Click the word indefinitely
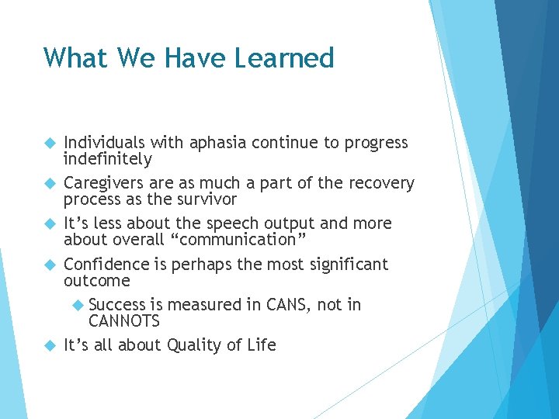click(107, 159)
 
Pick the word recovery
click(380, 183)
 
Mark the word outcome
click(96, 280)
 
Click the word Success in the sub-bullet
click(117, 305)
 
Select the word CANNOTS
click(124, 321)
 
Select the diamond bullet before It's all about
click(50, 345)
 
